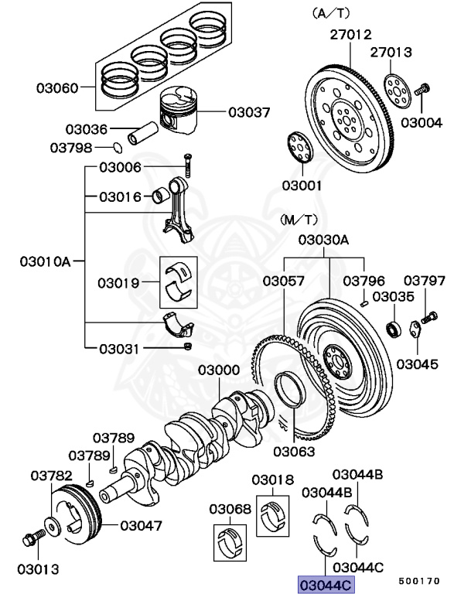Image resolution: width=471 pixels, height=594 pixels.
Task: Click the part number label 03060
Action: point(56,87)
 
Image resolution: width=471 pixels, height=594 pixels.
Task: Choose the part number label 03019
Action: point(118,283)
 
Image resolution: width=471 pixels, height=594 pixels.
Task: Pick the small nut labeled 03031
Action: point(188,346)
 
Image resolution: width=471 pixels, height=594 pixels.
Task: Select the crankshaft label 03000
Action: point(218,370)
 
